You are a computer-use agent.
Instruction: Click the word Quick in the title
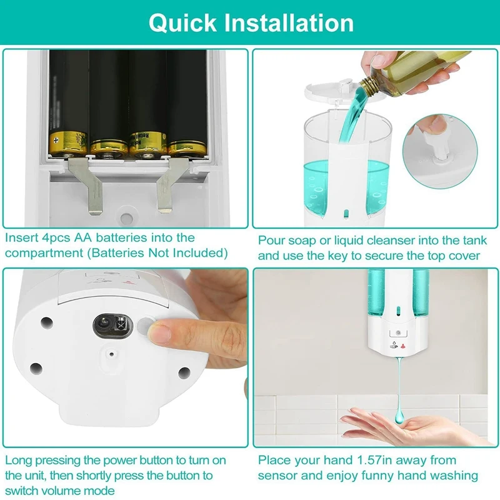click(x=182, y=24)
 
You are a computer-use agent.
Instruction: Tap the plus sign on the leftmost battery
click(x=56, y=139)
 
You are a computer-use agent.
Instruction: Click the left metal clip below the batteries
click(x=87, y=184)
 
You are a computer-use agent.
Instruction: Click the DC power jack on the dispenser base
click(x=112, y=326)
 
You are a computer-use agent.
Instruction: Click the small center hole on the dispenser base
click(x=112, y=354)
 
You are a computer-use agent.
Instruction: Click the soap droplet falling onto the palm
click(x=399, y=414)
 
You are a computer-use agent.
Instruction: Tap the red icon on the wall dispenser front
click(x=402, y=346)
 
